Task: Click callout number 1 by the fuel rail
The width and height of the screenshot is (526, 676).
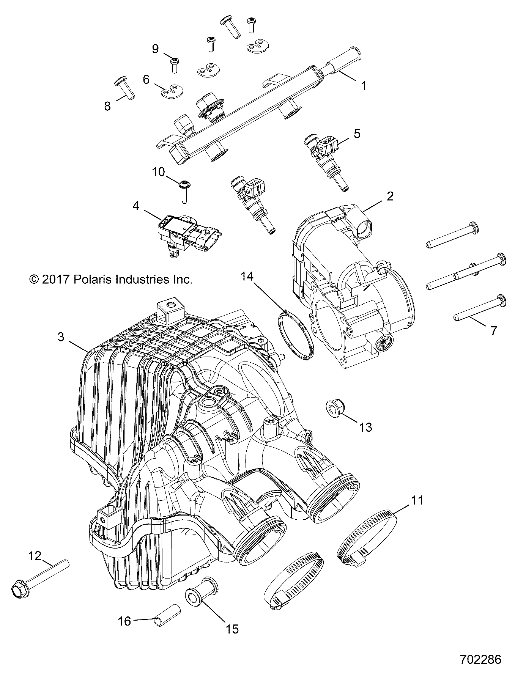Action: pyautogui.click(x=364, y=86)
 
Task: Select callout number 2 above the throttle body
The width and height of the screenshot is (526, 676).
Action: pyautogui.click(x=390, y=196)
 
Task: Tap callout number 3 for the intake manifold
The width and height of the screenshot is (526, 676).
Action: pyautogui.click(x=61, y=337)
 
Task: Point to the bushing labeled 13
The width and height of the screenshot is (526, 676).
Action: pyautogui.click(x=333, y=408)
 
